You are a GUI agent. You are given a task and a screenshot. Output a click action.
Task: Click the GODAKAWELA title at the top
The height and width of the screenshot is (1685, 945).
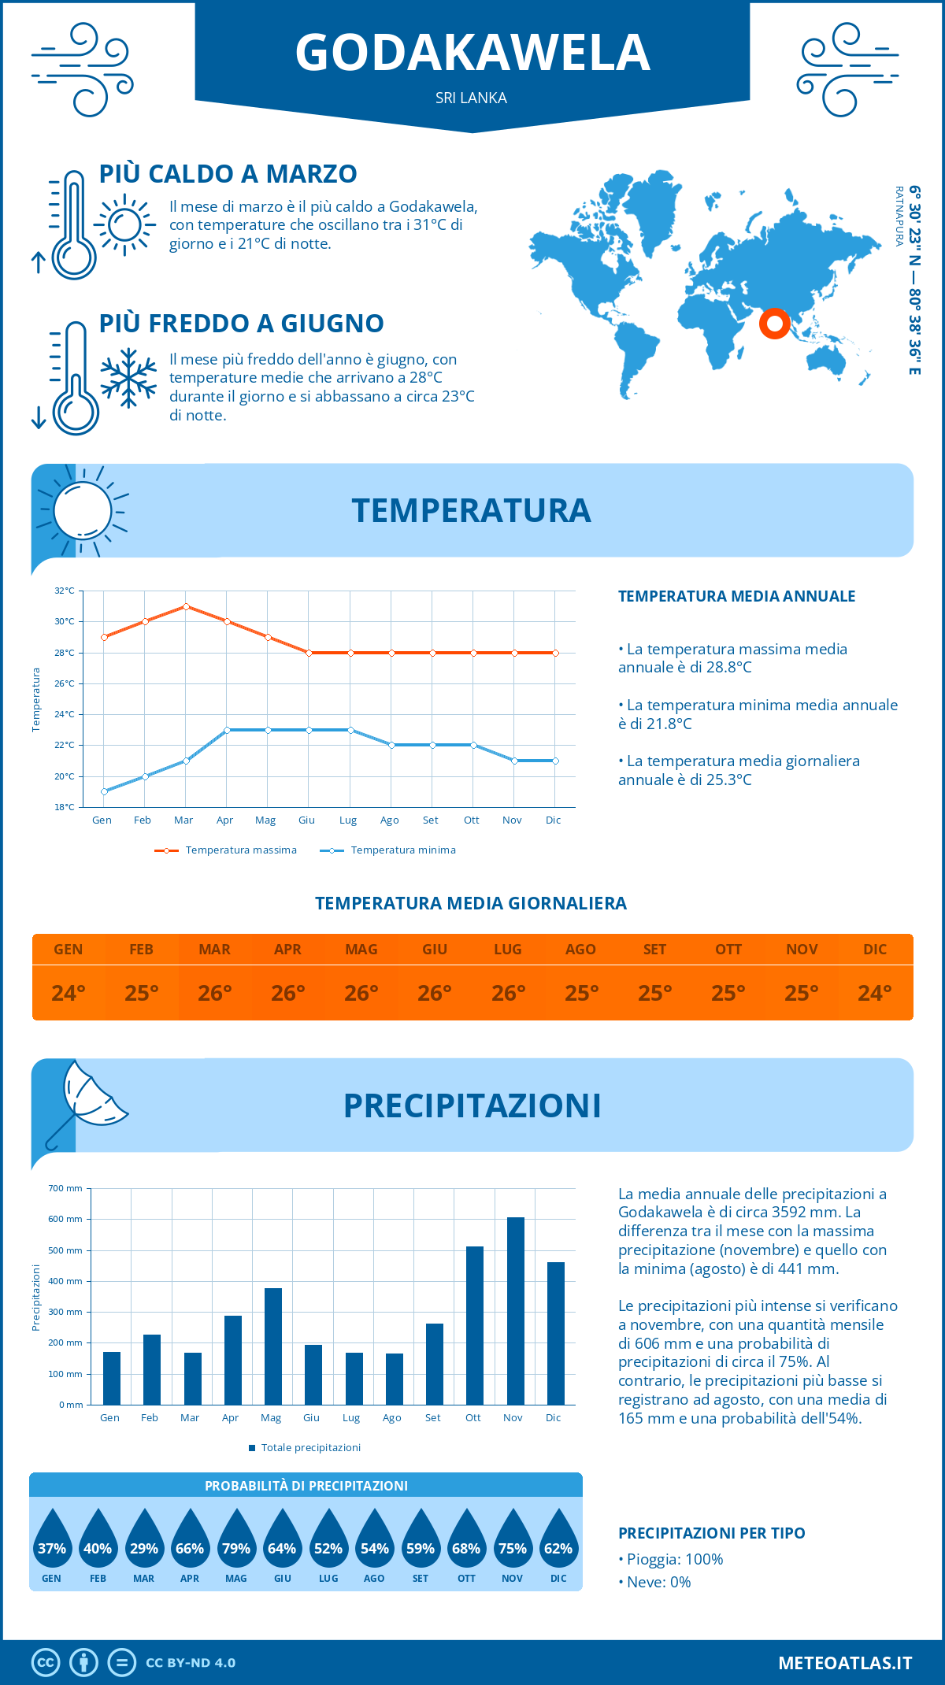point(472,53)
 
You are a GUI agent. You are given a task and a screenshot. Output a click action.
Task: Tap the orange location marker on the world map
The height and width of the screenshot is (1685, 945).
point(774,323)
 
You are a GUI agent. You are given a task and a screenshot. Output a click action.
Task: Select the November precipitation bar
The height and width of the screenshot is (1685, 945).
point(515,1311)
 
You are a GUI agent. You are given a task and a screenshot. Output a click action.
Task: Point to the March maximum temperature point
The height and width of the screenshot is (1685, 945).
point(186,606)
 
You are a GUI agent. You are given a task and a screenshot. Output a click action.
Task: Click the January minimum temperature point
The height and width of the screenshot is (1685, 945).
point(104,791)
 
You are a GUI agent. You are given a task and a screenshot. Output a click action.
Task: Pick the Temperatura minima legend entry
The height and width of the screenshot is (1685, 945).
point(387,850)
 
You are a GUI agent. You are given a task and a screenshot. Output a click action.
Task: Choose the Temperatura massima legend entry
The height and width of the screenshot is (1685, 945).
point(226,850)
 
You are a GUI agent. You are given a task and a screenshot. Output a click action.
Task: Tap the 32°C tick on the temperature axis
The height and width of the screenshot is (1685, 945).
point(65,591)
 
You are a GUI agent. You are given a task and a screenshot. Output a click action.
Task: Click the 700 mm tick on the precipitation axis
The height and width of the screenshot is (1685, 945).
point(65,1188)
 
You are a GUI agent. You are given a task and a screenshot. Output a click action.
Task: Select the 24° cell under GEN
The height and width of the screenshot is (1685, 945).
point(69,993)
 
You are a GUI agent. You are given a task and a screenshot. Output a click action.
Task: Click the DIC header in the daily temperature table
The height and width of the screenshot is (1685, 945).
point(875,950)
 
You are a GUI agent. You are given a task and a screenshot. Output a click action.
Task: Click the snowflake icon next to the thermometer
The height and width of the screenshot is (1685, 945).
point(128,378)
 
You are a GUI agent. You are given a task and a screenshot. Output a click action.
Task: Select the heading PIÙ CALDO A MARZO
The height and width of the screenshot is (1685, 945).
point(228,174)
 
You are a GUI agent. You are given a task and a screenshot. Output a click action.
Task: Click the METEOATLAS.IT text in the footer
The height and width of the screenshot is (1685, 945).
point(845,1663)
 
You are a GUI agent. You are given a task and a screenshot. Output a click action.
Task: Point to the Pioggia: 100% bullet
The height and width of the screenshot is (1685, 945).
point(671,1559)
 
